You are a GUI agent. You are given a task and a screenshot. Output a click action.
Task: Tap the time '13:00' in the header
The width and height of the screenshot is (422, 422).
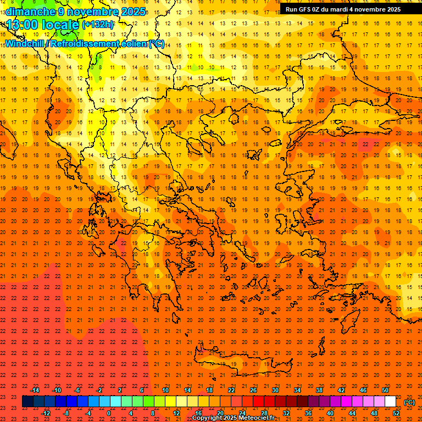pyautogui.click(x=25, y=25)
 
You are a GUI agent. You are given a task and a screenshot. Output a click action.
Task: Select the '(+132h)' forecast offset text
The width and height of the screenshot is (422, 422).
pyautogui.click(x=98, y=25)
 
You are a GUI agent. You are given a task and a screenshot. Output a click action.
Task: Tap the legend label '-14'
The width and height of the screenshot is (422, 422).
pyautogui.click(x=35, y=390)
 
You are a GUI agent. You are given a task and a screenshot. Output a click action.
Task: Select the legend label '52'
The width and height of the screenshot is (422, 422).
pyautogui.click(x=396, y=413)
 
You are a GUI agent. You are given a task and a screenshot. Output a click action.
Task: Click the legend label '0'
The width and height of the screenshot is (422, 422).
pyautogui.click(x=109, y=413)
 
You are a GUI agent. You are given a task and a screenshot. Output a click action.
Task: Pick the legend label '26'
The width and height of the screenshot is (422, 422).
pyautogui.click(x=253, y=390)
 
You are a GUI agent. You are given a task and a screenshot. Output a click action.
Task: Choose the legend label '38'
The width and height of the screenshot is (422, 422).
pyautogui.click(x=319, y=390)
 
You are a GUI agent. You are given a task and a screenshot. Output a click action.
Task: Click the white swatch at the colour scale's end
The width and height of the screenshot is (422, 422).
pyautogui.click(x=390, y=402)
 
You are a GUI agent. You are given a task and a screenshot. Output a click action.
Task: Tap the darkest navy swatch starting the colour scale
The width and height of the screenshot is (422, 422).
pyautogui.click(x=27, y=402)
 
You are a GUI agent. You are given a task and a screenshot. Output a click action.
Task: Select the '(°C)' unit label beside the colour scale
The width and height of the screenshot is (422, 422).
pyautogui.click(x=409, y=402)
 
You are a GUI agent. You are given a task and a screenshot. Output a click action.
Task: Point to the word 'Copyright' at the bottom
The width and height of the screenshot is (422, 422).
pyautogui.click(x=209, y=418)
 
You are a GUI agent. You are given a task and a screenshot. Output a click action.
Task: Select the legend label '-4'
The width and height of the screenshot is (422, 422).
pyautogui.click(x=87, y=413)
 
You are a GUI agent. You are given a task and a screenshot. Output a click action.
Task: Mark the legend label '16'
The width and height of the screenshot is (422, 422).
pyautogui.click(x=198, y=413)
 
